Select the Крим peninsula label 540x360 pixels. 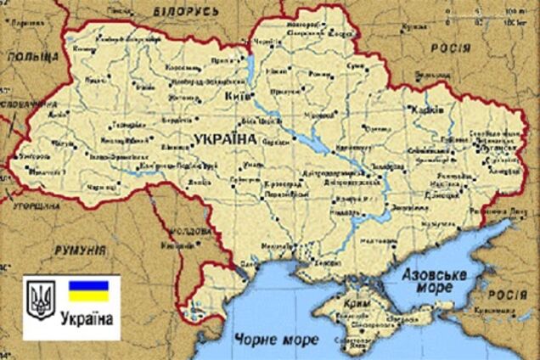point(357,302)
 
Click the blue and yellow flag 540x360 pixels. point(88,291)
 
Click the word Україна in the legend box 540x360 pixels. point(88,318)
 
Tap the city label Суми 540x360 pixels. point(355,66)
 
